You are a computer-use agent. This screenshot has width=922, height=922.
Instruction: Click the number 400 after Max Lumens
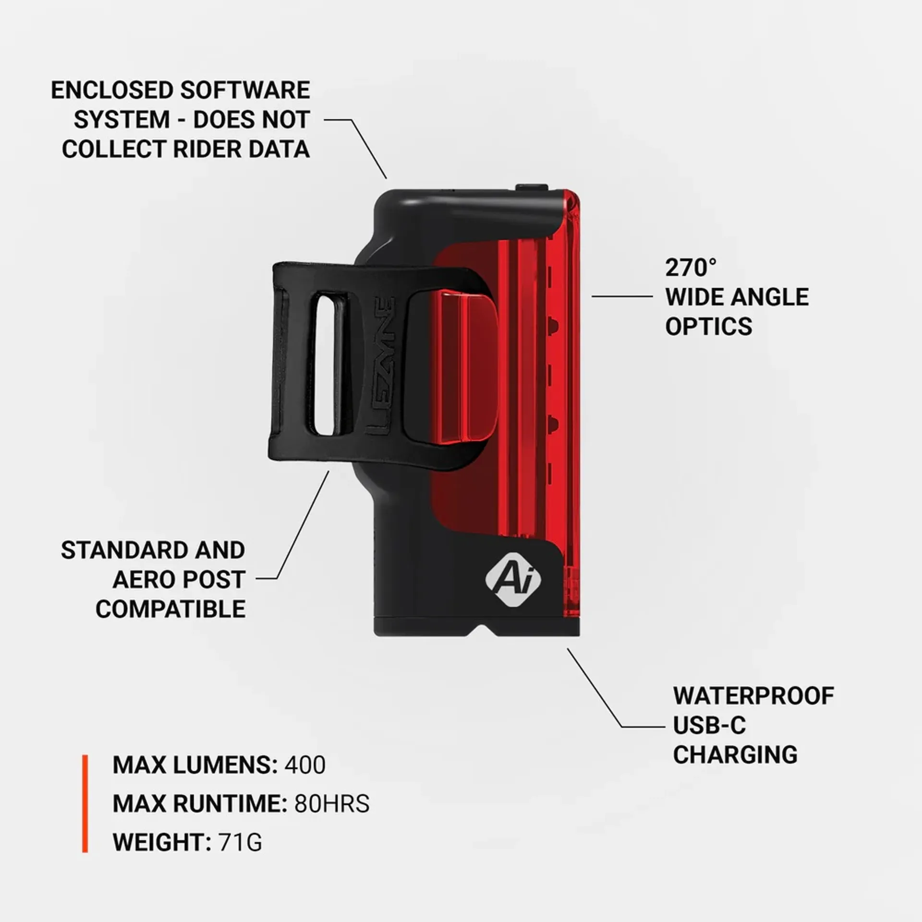tap(305, 765)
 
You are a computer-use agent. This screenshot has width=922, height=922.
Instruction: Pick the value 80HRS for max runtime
tap(332, 804)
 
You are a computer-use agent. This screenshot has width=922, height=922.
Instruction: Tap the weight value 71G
tap(240, 842)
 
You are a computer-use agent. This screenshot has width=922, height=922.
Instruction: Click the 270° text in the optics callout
tap(691, 268)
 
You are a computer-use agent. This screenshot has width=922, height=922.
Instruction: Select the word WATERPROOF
tap(753, 696)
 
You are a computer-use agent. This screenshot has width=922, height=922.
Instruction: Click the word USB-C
tap(709, 726)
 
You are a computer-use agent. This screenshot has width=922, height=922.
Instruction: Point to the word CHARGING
tap(735, 755)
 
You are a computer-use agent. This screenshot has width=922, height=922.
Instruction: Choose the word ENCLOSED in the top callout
tap(112, 91)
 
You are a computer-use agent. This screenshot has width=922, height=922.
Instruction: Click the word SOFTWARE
tap(245, 91)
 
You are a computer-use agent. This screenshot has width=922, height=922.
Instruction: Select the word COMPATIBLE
tap(170, 609)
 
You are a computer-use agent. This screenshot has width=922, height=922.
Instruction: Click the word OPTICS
tap(708, 327)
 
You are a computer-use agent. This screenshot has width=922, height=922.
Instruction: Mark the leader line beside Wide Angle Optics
tap(622, 296)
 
